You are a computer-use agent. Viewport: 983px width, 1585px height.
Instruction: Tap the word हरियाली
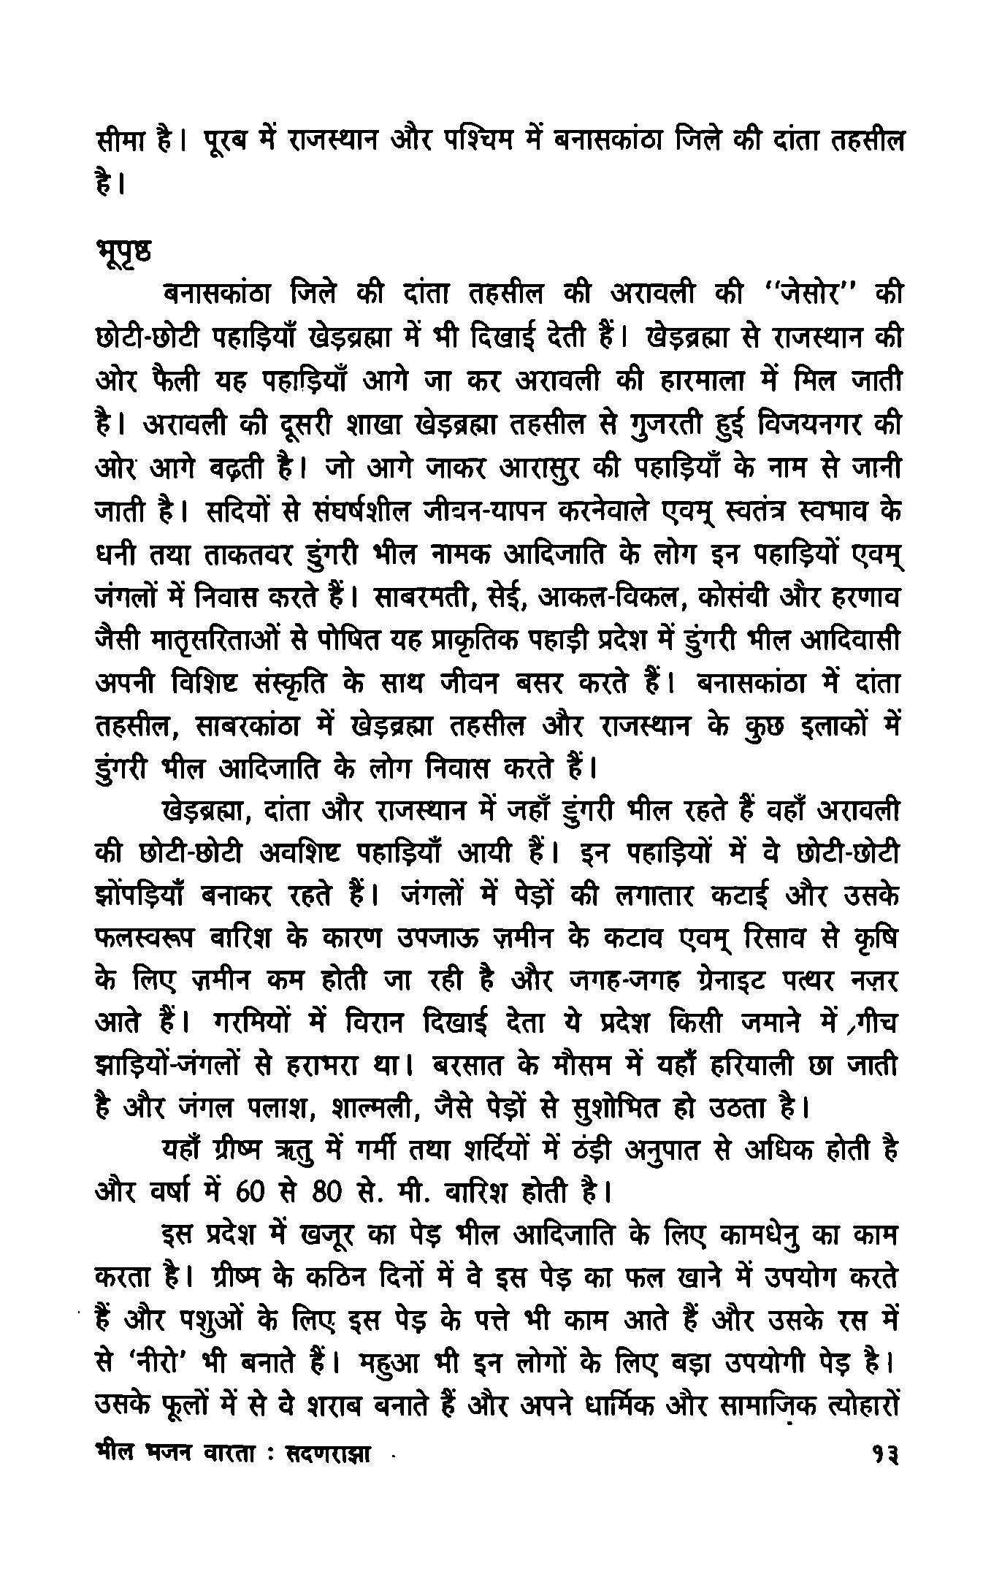click(x=760, y=1068)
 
